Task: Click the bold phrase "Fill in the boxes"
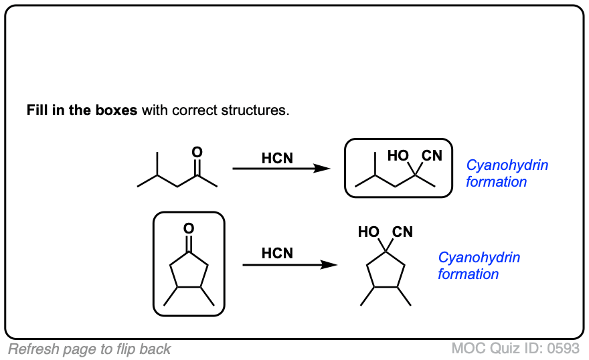(x=82, y=110)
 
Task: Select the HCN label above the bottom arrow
(x=277, y=254)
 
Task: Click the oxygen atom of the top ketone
(x=197, y=153)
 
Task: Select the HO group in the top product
(x=398, y=156)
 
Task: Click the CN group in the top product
(x=432, y=156)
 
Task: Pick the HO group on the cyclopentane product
(x=369, y=232)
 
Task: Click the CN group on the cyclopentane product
(x=402, y=232)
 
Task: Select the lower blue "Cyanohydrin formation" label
(x=479, y=266)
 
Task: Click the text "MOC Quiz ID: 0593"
(x=515, y=349)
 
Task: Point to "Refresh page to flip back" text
(x=90, y=349)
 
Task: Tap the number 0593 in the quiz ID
(x=564, y=349)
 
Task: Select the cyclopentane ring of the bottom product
(x=386, y=272)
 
